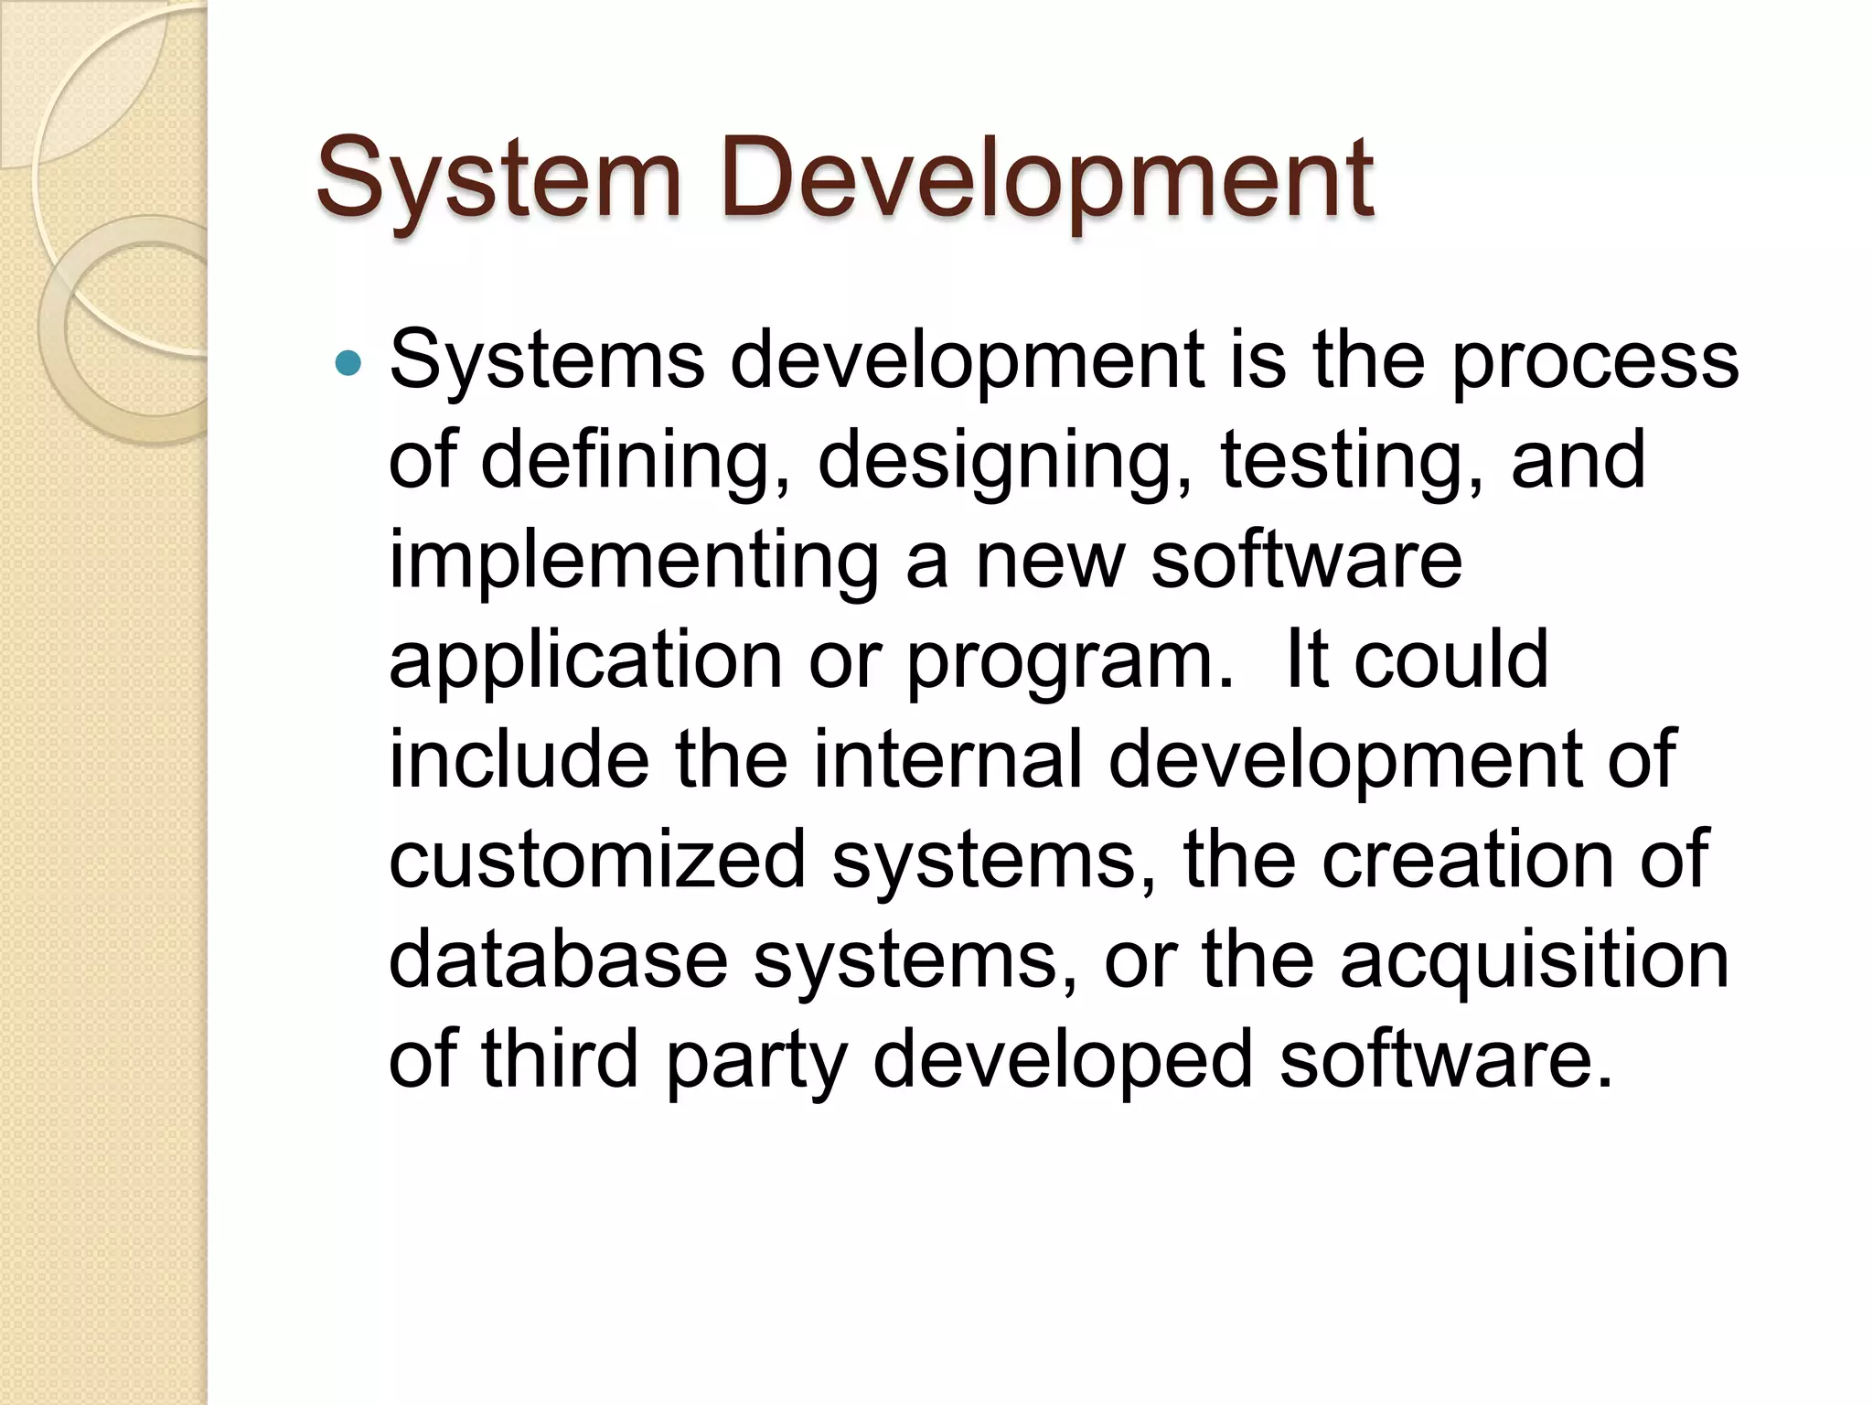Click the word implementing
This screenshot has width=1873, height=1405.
click(634, 561)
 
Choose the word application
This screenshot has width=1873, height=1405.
click(585, 660)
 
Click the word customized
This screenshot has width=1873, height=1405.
click(597, 860)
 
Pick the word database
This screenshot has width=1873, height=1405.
click(559, 960)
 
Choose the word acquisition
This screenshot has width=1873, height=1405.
click(1535, 960)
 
